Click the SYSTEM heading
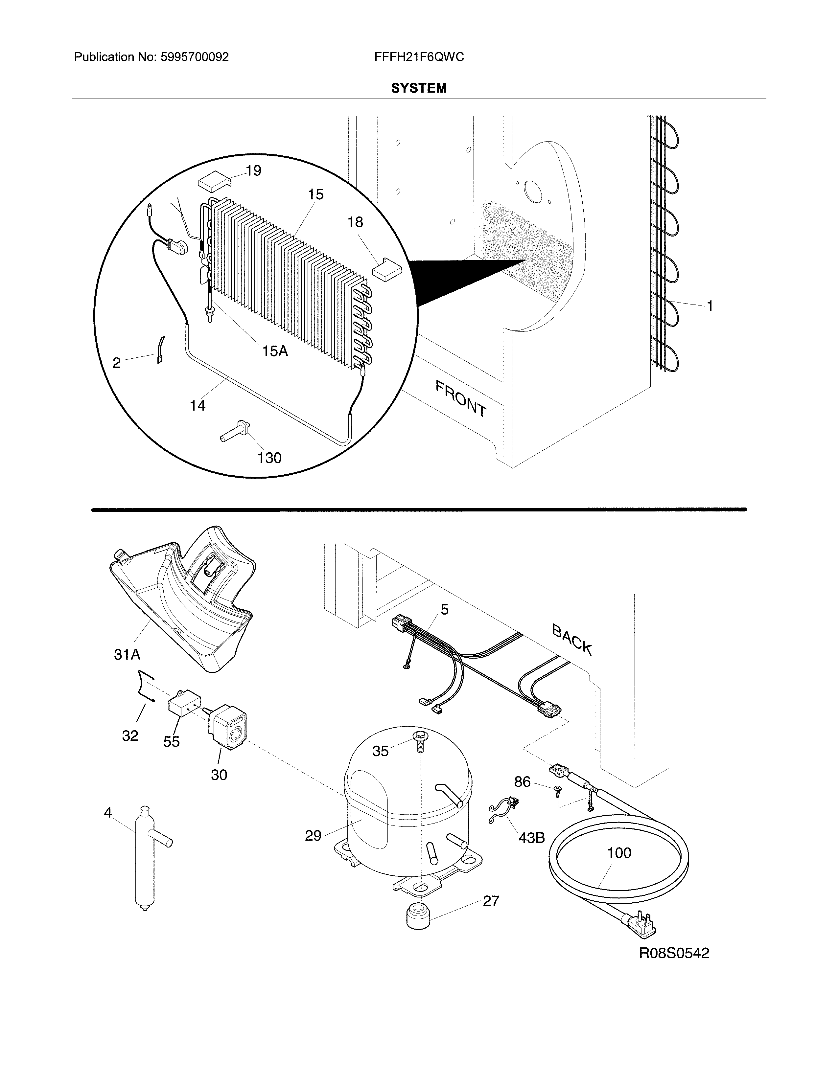pyautogui.click(x=418, y=88)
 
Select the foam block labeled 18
pyautogui.click(x=385, y=269)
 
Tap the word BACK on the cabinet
pyautogui.click(x=572, y=640)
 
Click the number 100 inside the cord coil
pyautogui.click(x=619, y=853)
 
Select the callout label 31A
pyautogui.click(x=127, y=655)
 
